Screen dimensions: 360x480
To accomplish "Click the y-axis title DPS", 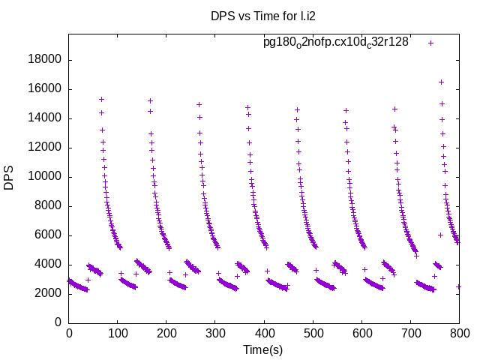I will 10,178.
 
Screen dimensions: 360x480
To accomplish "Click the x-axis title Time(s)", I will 263,349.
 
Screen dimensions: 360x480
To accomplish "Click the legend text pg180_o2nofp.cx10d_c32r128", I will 336,43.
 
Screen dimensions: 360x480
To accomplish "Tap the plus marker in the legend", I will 430,43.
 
